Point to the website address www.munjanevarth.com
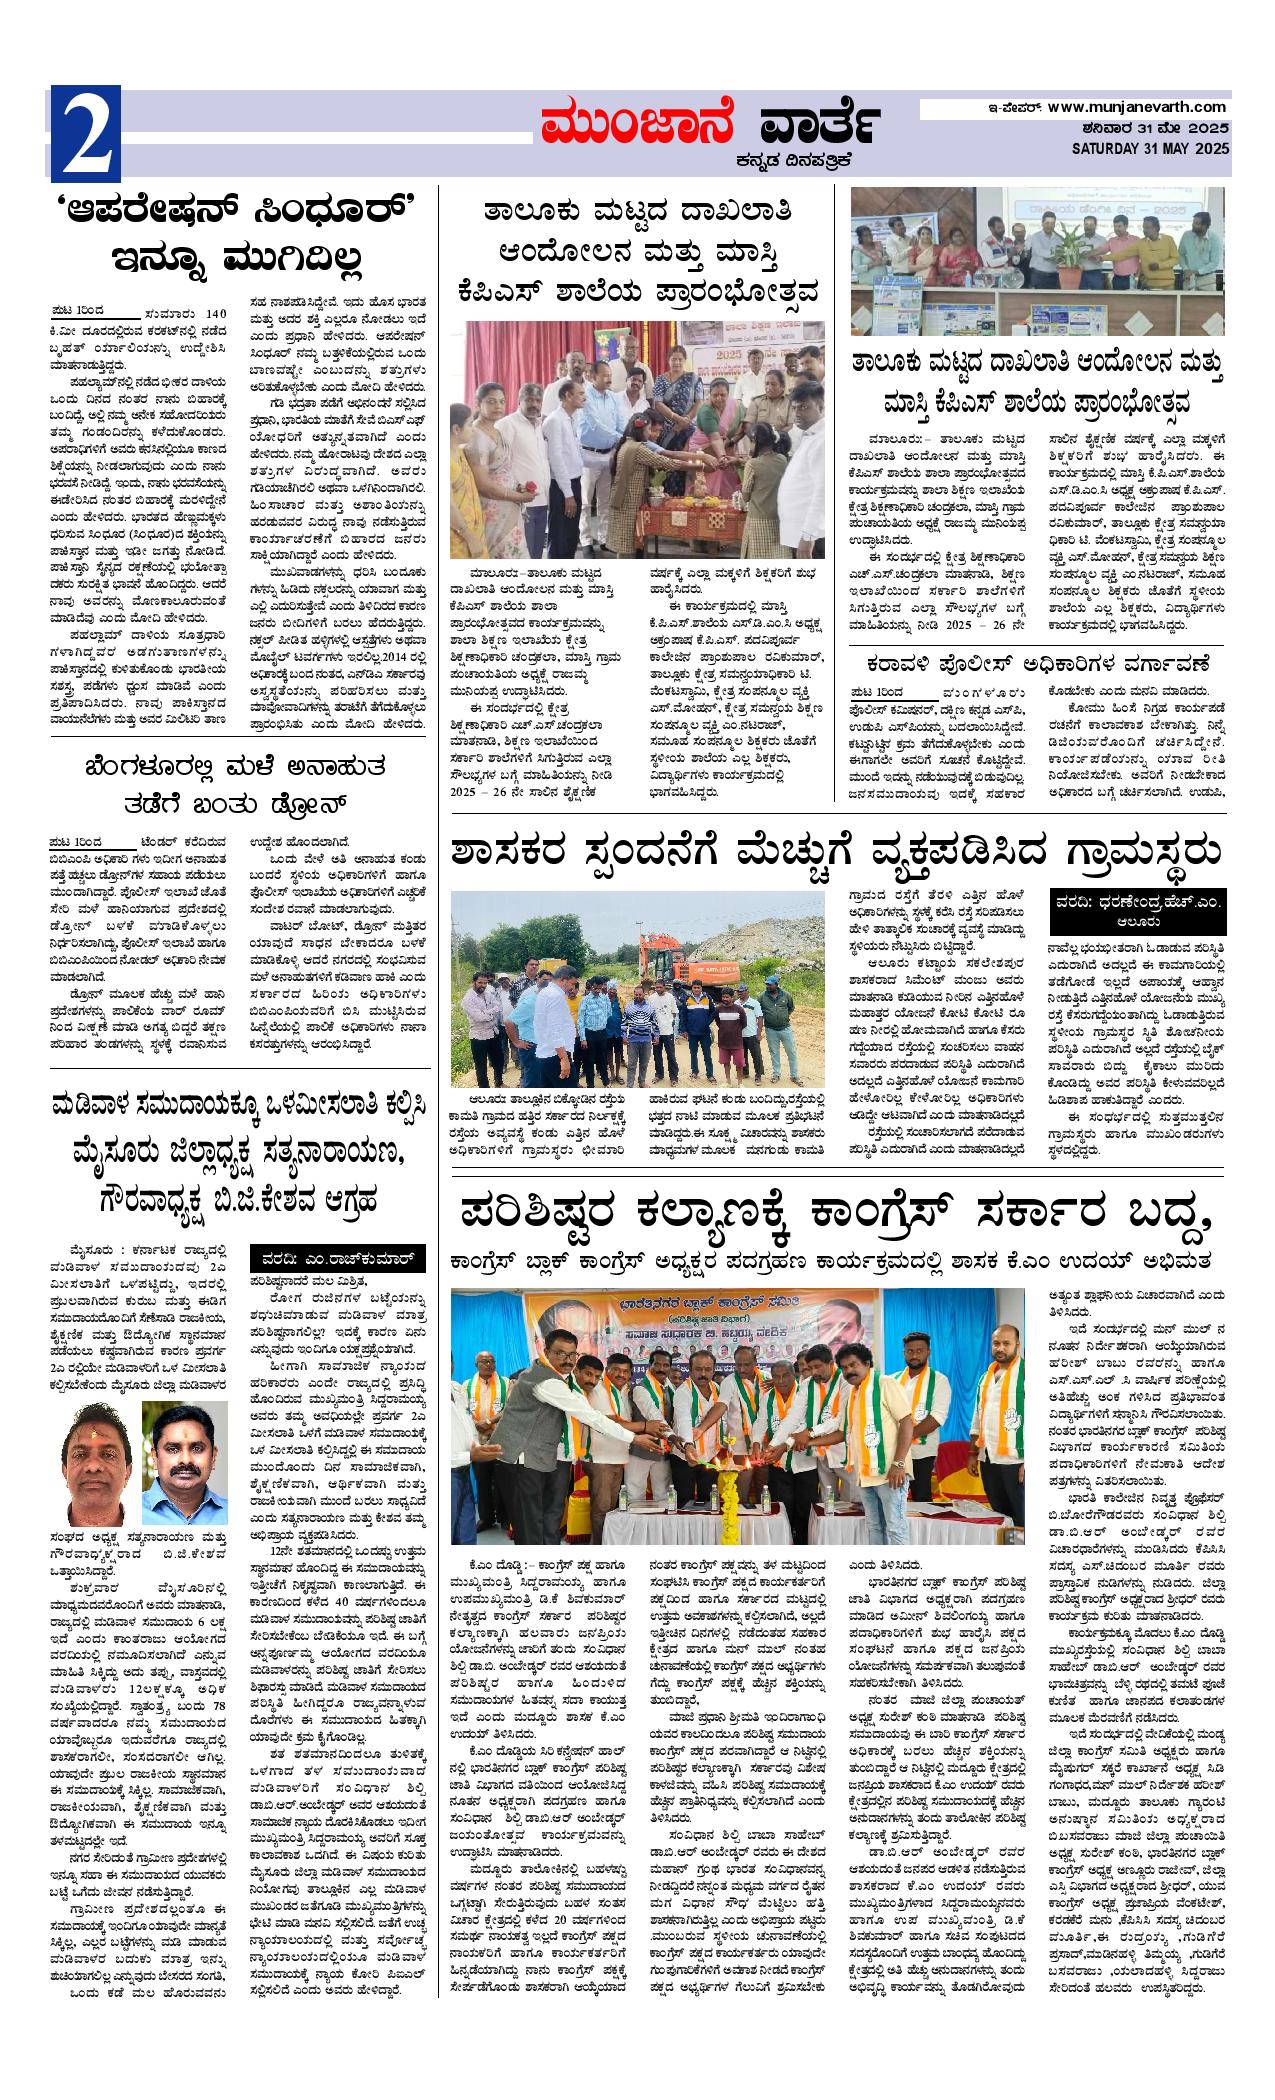pos(1137,107)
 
